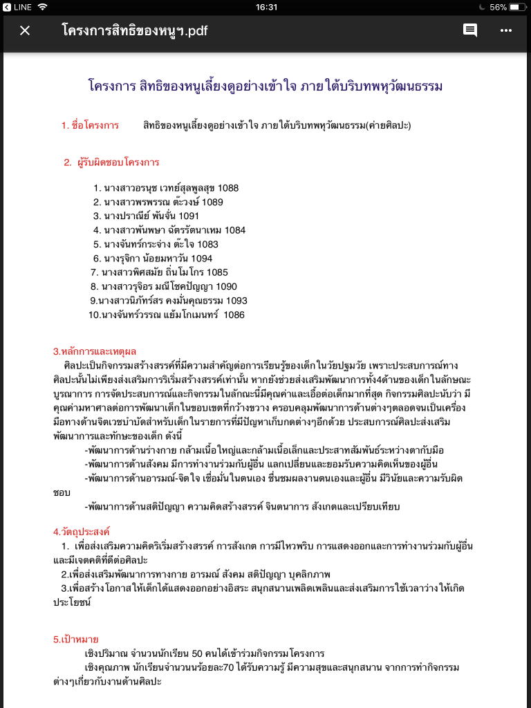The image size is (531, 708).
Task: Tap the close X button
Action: [25, 30]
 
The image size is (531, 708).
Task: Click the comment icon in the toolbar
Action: [470, 30]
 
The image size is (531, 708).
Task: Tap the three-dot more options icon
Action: [506, 30]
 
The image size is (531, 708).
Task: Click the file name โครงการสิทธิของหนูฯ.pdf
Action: [134, 30]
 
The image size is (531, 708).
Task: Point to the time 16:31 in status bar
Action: [266, 7]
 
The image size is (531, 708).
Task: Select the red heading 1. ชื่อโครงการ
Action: [90, 125]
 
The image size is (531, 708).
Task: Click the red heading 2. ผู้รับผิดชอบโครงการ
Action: [111, 162]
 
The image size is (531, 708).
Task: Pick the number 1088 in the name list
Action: [228, 188]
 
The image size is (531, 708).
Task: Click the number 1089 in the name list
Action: [213, 202]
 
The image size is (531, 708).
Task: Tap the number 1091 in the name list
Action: [189, 216]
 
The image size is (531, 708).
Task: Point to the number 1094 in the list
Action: [202, 259]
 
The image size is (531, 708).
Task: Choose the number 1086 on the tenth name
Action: [234, 315]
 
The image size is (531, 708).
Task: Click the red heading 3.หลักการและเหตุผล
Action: [95, 351]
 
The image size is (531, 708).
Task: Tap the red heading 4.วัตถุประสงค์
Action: [82, 532]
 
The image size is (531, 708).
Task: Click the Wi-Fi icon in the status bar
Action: [43, 7]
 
